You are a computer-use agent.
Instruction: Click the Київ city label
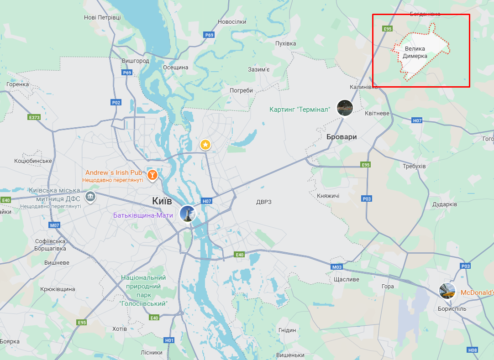tap(162, 201)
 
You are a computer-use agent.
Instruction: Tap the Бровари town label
tap(342, 137)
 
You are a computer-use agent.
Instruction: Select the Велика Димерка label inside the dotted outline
tap(415, 52)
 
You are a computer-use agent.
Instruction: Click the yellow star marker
tap(205, 145)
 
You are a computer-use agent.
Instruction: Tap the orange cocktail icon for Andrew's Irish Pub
tap(152, 174)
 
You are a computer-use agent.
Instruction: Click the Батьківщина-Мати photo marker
tap(188, 214)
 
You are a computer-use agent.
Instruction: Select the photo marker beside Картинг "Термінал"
tap(345, 108)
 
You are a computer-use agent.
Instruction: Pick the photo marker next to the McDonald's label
tap(447, 291)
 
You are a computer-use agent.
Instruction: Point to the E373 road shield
tap(34, 117)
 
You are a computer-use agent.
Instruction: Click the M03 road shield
tap(337, 267)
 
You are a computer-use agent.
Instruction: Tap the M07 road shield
tap(55, 225)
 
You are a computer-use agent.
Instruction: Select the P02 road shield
tap(116, 103)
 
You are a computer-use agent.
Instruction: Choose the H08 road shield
tap(473, 350)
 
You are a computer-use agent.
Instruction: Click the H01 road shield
tap(169, 340)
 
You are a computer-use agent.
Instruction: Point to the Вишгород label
tap(136, 61)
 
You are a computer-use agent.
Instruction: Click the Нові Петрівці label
tap(102, 17)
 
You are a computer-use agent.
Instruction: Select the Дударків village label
tap(445, 204)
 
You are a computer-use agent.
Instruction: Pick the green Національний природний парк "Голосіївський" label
tap(143, 290)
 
